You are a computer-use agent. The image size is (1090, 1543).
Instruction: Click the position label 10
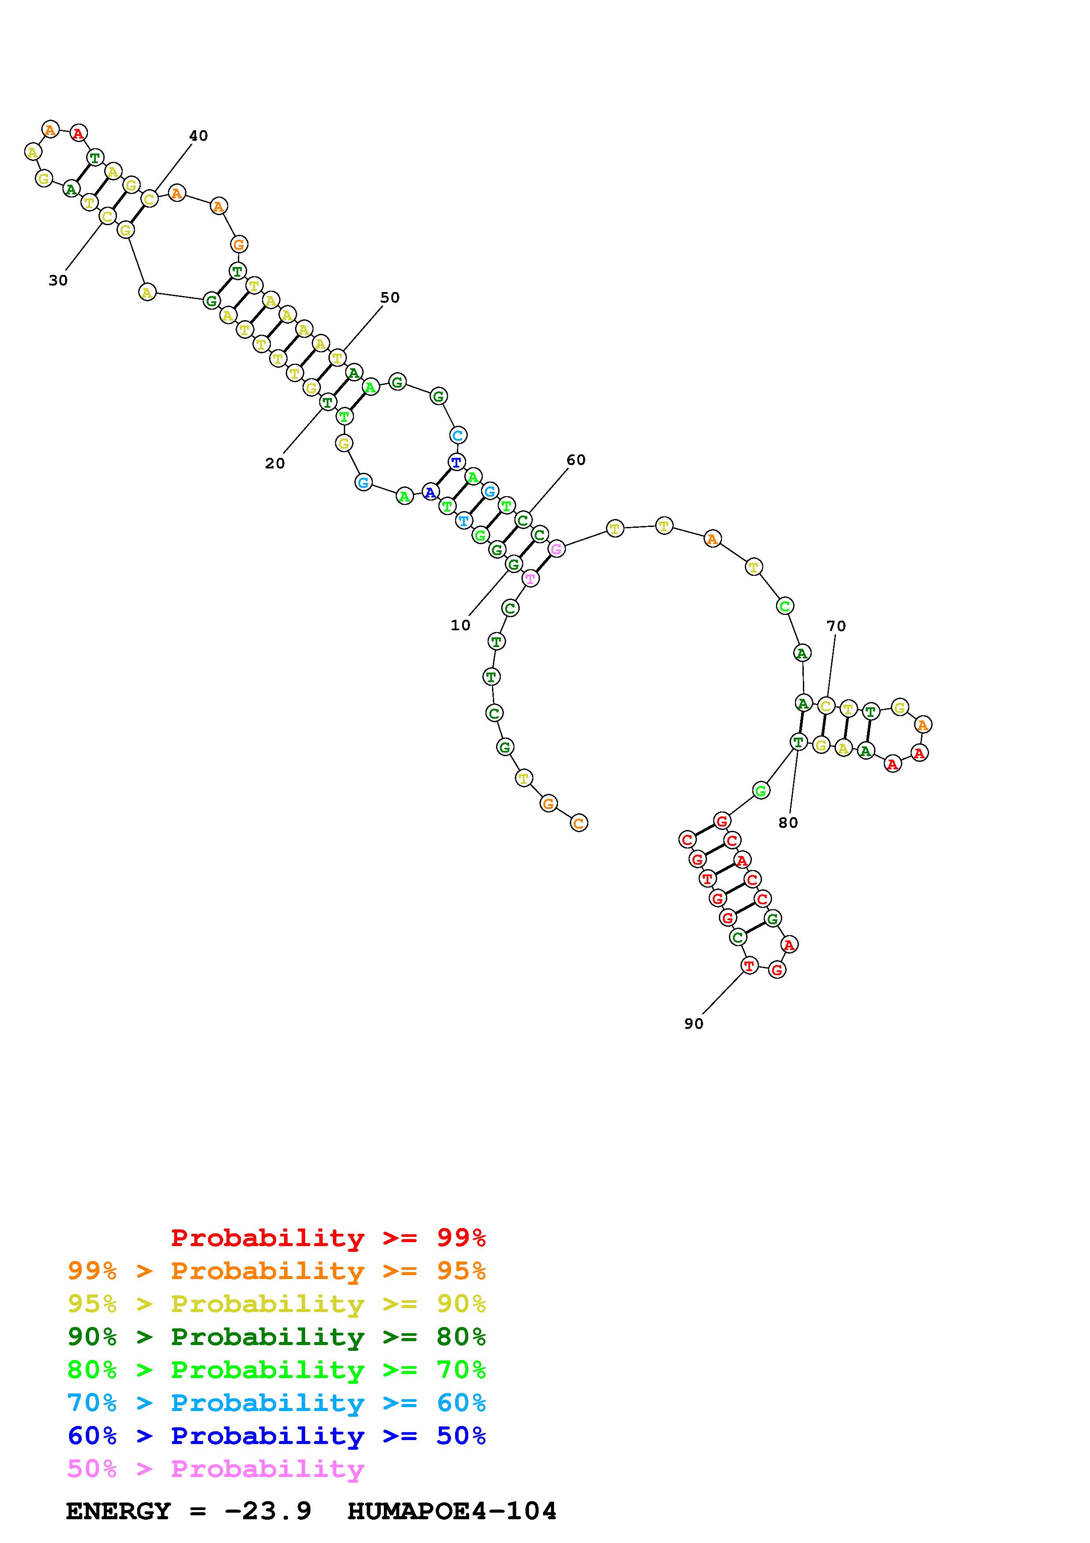460,625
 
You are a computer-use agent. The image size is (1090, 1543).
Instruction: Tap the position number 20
275,463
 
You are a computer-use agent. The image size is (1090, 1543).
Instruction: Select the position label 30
58,280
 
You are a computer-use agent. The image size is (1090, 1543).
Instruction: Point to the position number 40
198,136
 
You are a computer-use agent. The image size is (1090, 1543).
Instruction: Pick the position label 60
576,460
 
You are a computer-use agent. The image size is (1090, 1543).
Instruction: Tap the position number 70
836,625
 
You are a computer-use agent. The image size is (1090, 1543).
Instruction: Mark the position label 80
788,823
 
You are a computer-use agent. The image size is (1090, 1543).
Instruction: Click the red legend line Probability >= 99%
328,1238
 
